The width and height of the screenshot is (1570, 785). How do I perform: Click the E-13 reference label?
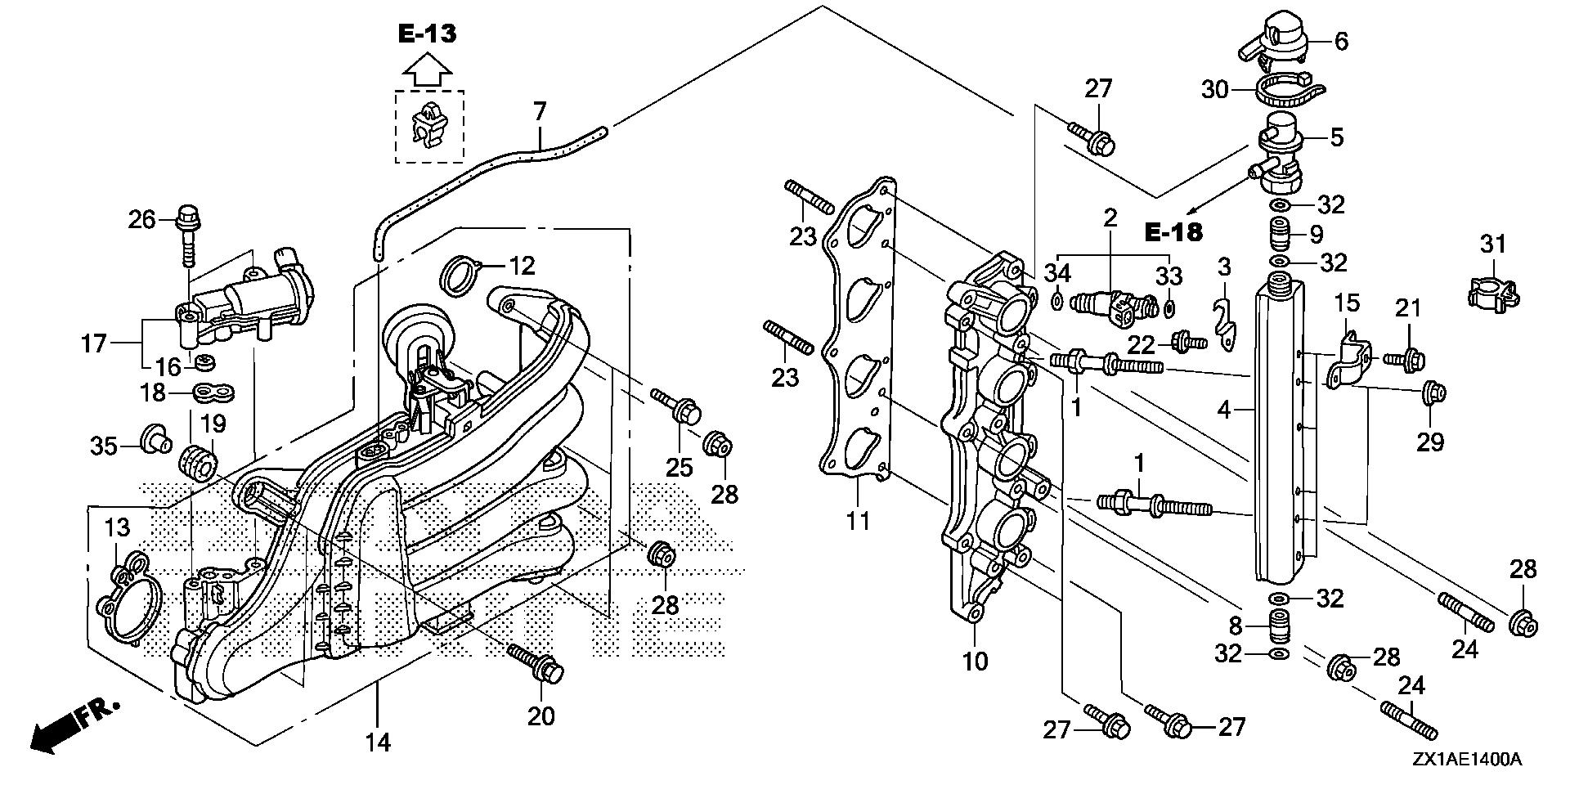click(427, 34)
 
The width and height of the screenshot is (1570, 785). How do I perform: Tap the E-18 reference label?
click(1173, 232)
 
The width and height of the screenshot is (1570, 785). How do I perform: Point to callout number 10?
click(976, 660)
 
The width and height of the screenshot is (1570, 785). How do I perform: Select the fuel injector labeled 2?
click(1115, 305)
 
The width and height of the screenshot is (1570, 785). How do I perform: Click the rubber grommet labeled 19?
click(197, 461)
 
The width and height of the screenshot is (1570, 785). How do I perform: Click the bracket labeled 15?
click(1348, 360)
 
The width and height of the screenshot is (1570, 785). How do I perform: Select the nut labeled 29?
click(1433, 392)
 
